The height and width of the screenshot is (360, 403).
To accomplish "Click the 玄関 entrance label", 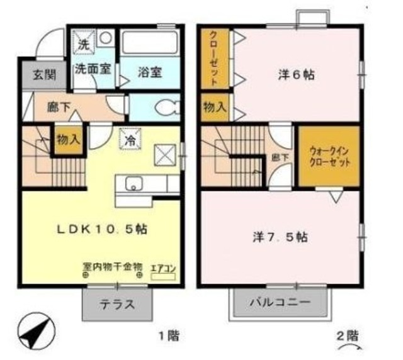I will point(45,74).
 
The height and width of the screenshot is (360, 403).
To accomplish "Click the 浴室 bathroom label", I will point(149,71).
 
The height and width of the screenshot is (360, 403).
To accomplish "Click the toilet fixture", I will point(167,107).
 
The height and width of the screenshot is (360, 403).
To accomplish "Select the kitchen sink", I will point(133,184).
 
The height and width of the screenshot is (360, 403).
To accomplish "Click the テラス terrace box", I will point(116,305).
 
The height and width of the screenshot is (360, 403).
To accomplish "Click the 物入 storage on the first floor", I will point(68,140).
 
